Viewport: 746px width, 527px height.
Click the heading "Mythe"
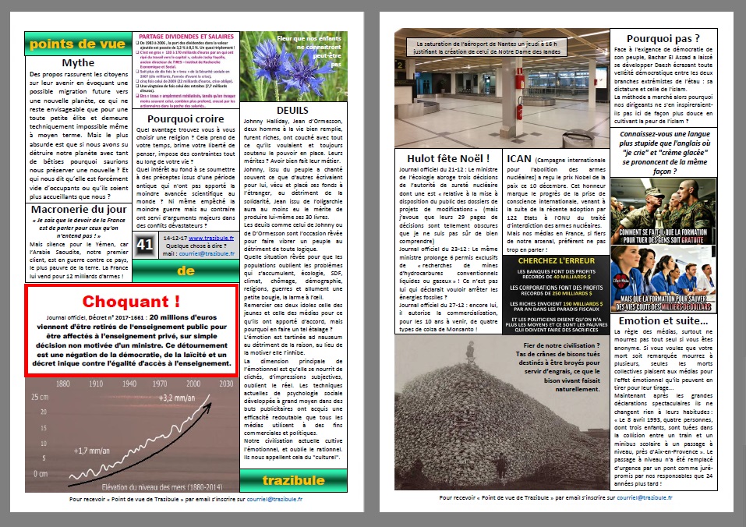coord(78,62)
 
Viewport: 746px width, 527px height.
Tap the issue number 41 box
coord(145,245)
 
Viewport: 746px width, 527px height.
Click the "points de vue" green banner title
coord(77,44)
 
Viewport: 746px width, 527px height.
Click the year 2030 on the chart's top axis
coord(227,384)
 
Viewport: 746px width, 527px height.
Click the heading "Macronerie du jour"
coord(78,208)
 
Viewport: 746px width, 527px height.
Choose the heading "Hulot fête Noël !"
coord(442,159)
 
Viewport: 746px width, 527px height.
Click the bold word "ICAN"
coord(519,159)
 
